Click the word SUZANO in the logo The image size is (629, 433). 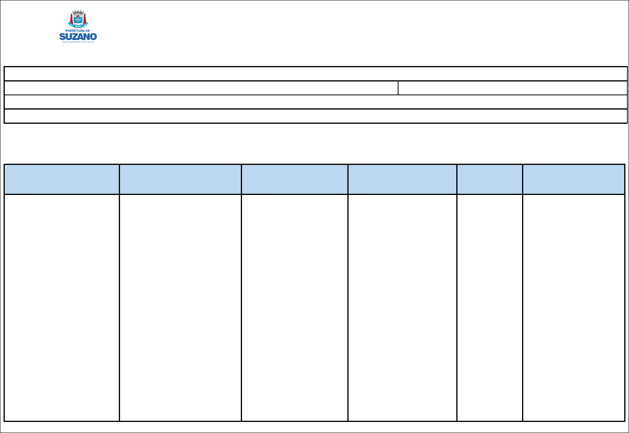(78, 37)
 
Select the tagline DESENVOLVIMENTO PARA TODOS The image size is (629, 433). (78, 42)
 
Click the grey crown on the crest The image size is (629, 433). (78, 13)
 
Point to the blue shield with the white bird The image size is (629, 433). (78, 19)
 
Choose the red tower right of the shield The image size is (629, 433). (84, 18)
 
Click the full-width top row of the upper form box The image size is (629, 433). (316, 74)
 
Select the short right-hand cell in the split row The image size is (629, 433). (513, 88)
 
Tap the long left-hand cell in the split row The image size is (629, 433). (201, 88)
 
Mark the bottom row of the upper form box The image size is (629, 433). (316, 116)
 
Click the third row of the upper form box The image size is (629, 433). (316, 102)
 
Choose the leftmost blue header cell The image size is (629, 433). (62, 179)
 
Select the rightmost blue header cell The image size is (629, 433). (574, 179)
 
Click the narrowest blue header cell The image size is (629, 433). (490, 179)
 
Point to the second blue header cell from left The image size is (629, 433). (180, 179)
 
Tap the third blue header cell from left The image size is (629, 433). (295, 179)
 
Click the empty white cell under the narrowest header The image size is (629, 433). (490, 308)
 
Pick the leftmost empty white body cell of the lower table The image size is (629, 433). (62, 308)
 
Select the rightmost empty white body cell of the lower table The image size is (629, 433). (574, 308)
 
